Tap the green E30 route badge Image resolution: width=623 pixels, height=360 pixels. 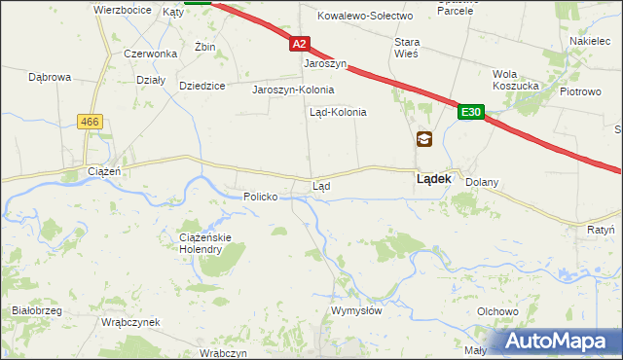(x=471, y=113)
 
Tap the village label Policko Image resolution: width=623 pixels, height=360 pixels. (x=261, y=197)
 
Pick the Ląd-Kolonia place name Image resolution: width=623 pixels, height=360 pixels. (x=338, y=112)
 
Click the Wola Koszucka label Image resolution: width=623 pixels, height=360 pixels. (x=516, y=80)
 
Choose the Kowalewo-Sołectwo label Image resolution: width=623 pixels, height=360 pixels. (x=365, y=17)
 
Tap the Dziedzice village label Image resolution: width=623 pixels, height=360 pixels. (x=202, y=86)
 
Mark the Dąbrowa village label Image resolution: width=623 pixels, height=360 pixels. (x=51, y=76)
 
